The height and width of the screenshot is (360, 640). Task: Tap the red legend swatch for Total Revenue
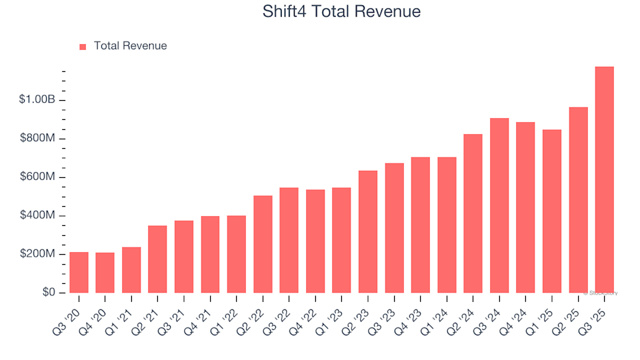pos(83,47)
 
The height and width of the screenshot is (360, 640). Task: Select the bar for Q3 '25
pos(604,180)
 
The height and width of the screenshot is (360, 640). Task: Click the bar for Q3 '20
pos(79,273)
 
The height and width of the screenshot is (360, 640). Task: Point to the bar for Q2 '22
pos(263,244)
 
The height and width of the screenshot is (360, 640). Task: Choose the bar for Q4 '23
pos(420,225)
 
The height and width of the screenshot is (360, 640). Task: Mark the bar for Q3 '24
pos(499,205)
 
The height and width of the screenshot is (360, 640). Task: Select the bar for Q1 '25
pos(551,211)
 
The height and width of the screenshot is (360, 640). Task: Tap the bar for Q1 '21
pos(131,270)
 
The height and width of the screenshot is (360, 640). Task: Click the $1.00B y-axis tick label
pos(37,100)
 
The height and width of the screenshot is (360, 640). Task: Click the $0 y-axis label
pos(48,293)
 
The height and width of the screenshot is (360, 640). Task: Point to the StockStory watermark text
pos(601,293)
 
